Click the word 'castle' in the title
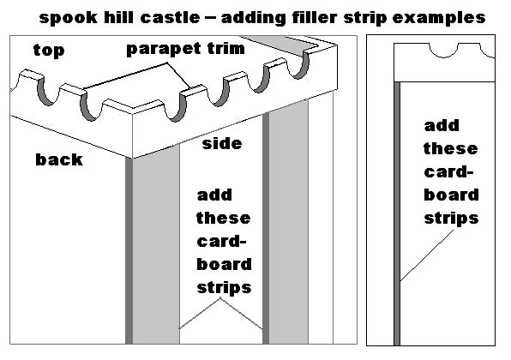170,17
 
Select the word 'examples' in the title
439,18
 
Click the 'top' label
49,51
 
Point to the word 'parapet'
163,49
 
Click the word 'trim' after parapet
225,48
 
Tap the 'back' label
59,159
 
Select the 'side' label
222,143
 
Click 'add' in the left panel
214,195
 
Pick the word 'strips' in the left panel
225,288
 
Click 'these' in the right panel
451,148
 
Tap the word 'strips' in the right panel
451,219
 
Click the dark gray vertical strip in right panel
397,213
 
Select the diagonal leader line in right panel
427,255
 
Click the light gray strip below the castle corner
156,248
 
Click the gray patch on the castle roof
280,43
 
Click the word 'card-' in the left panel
221,242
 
